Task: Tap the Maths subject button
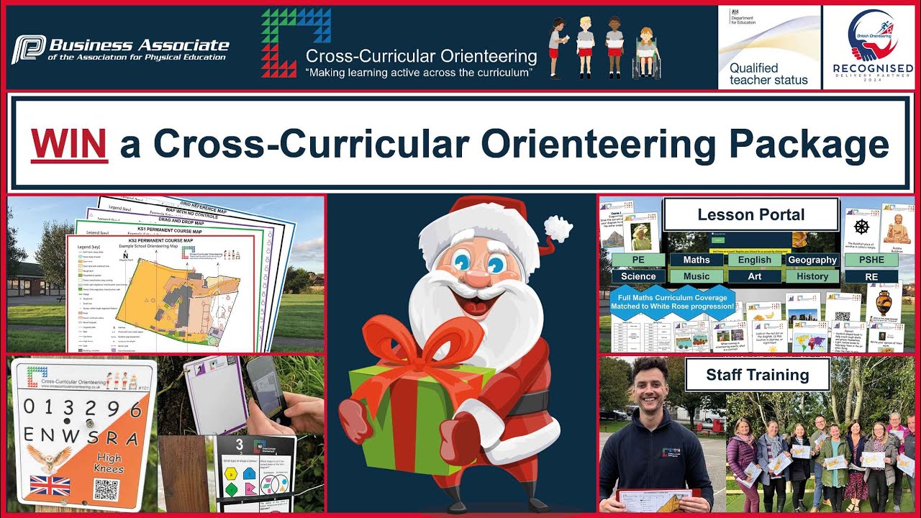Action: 697,260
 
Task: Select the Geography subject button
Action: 812,260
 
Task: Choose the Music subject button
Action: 697,276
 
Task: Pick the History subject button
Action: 812,276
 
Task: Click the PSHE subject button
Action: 871,260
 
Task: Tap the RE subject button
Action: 871,276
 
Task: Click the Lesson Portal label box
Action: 750,214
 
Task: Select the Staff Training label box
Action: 757,375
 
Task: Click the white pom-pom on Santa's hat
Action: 558,229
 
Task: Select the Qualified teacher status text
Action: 768,74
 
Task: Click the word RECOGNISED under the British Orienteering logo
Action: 872,69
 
